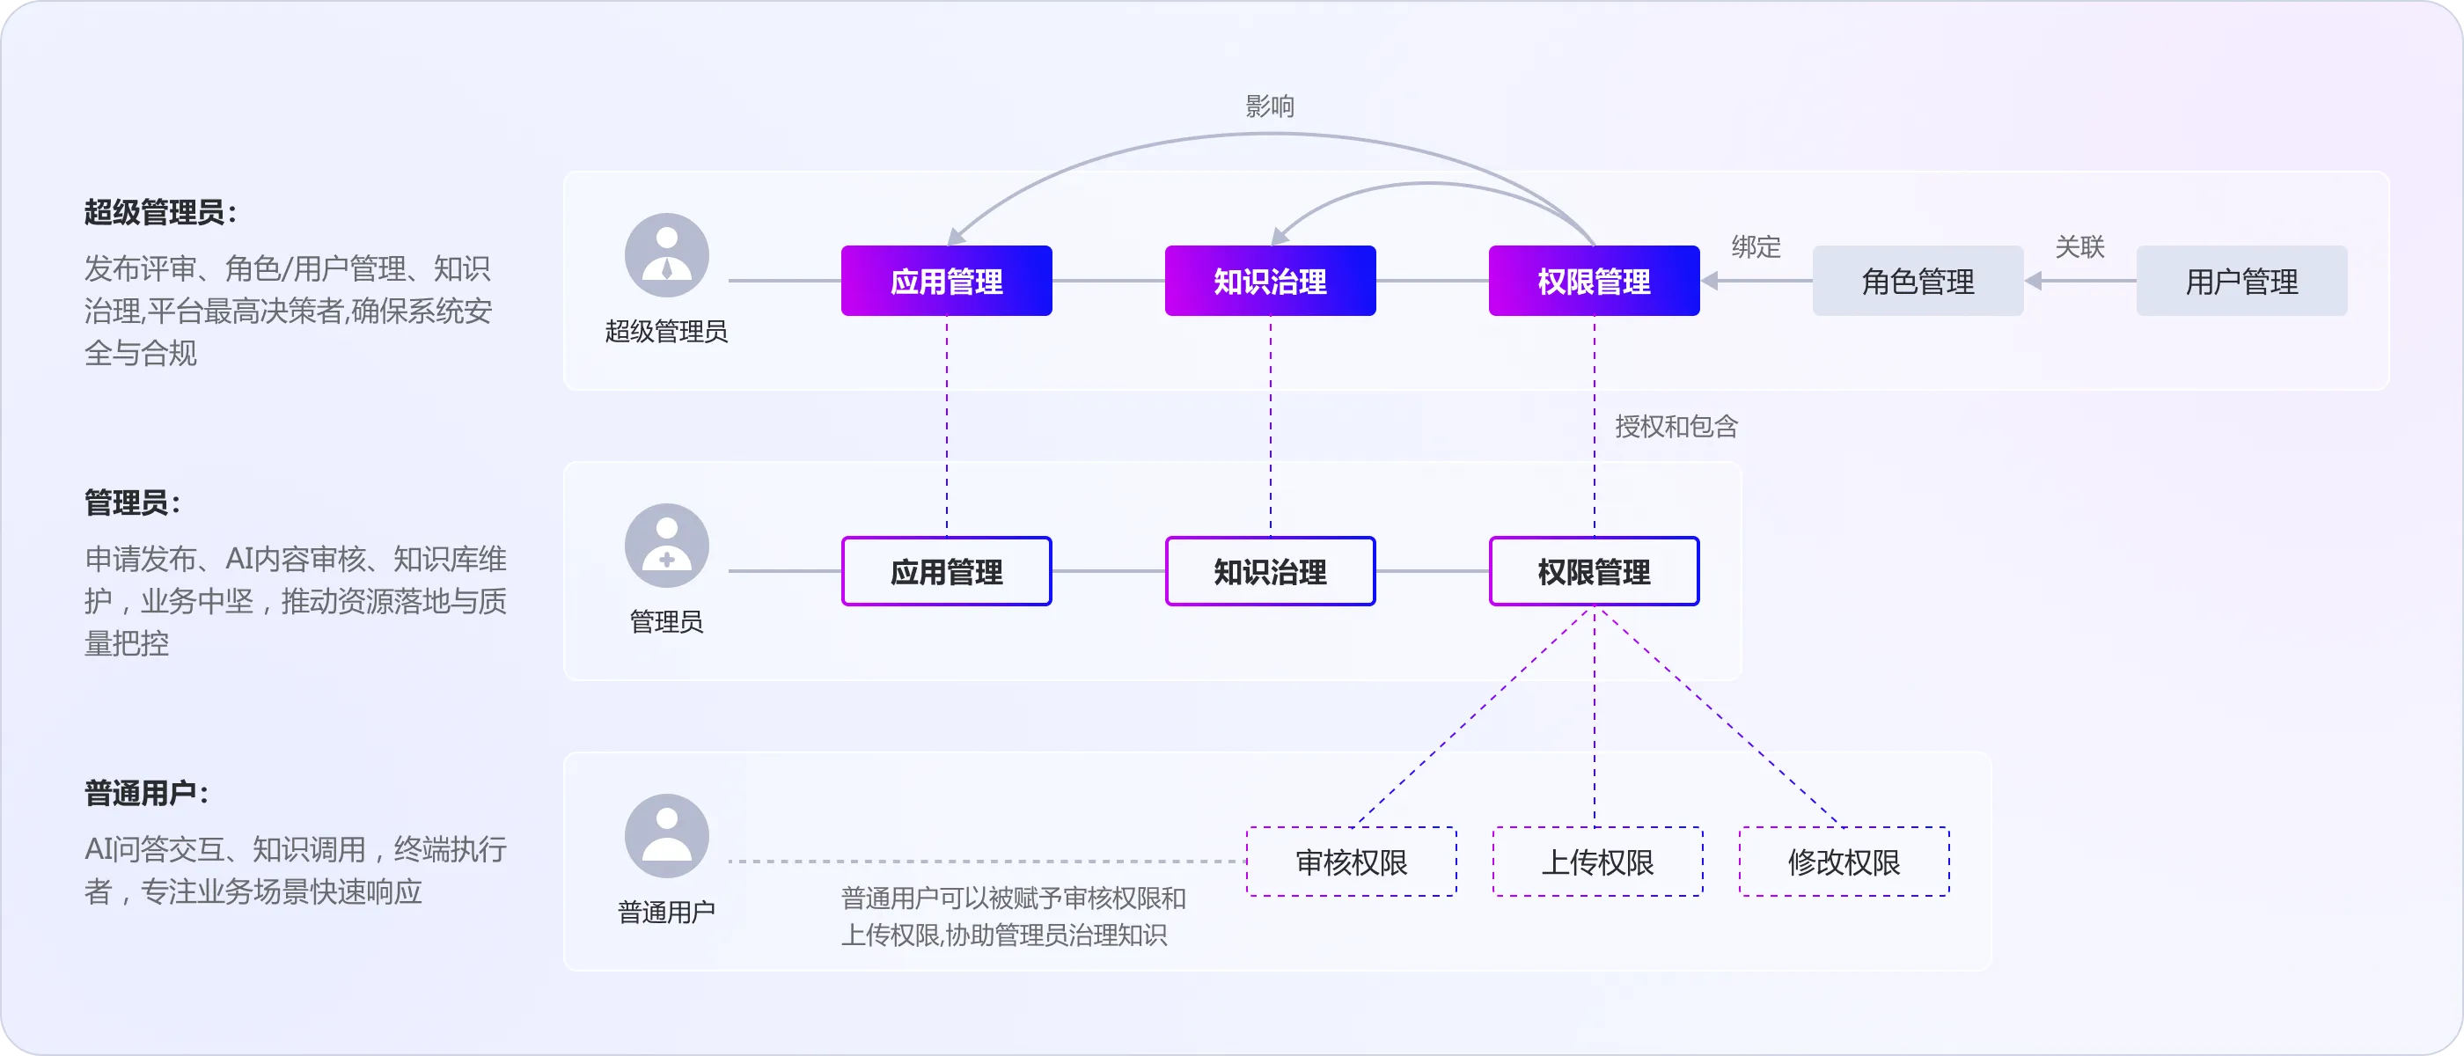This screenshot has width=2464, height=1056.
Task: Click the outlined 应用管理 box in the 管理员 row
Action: [946, 572]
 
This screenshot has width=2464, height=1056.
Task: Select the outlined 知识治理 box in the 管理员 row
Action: [1270, 572]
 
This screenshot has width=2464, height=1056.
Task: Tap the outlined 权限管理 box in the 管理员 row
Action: [1594, 572]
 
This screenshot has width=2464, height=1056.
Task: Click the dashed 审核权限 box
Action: [1351, 862]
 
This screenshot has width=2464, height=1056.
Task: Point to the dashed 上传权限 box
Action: [1597, 862]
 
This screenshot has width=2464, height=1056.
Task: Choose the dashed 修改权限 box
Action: [1844, 862]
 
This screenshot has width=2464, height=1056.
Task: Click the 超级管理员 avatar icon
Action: [667, 255]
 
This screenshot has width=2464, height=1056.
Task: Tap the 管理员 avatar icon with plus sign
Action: [667, 546]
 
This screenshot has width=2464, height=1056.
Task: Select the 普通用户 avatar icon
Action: [667, 836]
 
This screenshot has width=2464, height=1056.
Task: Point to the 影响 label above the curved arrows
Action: [1269, 106]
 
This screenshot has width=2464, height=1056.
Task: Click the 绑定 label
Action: [1756, 246]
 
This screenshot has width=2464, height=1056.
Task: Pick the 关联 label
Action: [2079, 246]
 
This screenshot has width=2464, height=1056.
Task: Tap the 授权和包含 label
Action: [1676, 427]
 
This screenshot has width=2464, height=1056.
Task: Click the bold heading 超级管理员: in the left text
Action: [160, 212]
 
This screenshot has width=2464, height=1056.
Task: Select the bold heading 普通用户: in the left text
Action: [145, 793]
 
